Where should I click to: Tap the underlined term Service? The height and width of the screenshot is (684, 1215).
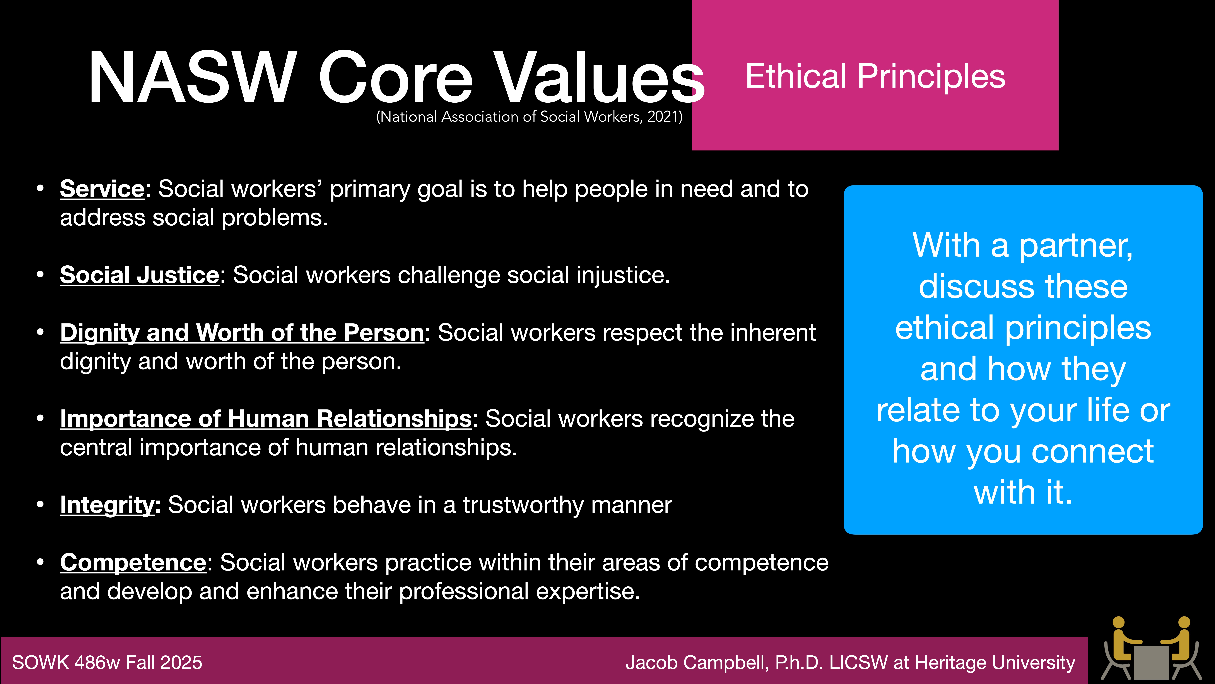[x=102, y=189]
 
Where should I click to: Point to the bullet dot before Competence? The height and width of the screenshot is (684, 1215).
[x=41, y=562]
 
